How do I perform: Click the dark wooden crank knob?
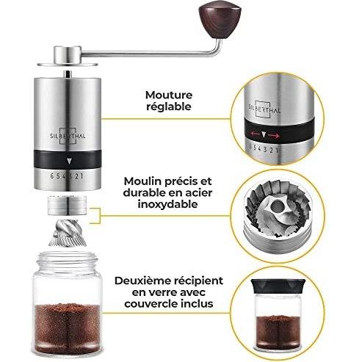pos(220,21)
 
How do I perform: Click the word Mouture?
pos(169,95)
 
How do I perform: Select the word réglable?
pos(169,106)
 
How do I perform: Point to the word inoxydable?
pos(167,204)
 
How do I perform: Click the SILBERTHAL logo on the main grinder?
pos(68,136)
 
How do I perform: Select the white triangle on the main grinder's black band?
pos(70,161)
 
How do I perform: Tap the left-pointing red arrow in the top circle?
pos(255,134)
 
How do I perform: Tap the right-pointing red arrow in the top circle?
pos(274,135)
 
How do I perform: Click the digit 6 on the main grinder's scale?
pos(52,176)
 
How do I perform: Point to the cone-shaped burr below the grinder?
pos(68,233)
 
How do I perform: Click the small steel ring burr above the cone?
pos(67,205)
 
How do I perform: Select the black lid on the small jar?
pos(278,286)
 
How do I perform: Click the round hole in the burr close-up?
pos(276,206)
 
